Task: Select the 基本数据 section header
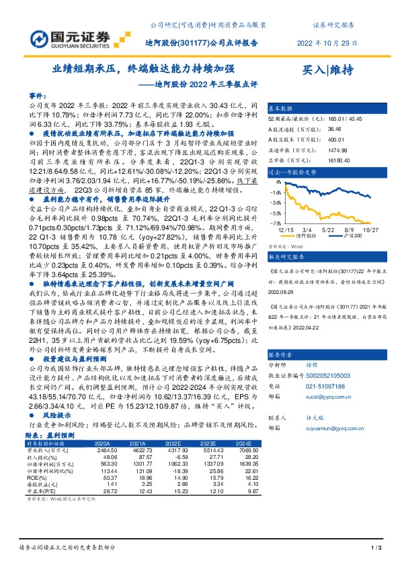(281, 107)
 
